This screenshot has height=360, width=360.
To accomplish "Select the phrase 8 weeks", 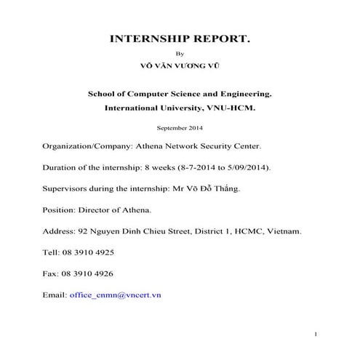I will click(164, 167).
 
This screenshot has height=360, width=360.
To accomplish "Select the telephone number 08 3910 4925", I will click(87, 252).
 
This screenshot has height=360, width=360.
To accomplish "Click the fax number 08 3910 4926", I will click(87, 273).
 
